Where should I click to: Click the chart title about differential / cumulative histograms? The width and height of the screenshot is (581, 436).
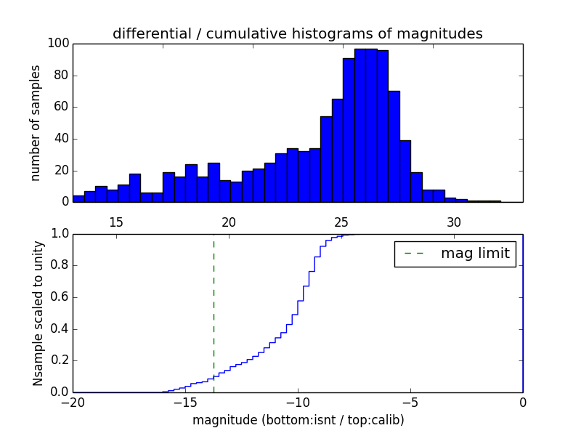click(x=298, y=33)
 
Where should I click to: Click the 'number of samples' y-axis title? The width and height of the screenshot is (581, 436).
click(x=36, y=124)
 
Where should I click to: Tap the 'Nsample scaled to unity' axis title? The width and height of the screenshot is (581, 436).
click(x=38, y=314)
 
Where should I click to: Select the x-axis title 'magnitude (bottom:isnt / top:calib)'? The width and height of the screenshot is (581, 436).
click(x=298, y=420)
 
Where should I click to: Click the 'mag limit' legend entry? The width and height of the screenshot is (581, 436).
click(x=474, y=254)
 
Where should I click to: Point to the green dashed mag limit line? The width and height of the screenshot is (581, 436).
click(x=214, y=305)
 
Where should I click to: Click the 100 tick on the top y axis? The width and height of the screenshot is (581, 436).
click(x=59, y=44)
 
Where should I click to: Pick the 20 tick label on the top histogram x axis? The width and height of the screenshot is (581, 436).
click(x=229, y=222)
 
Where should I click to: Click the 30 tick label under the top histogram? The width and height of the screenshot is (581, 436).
click(x=454, y=222)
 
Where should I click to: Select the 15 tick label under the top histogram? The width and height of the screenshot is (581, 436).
click(x=116, y=222)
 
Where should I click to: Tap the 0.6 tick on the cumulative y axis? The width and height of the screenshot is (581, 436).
click(x=59, y=297)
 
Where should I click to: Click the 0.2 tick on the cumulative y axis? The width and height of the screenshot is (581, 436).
click(x=59, y=360)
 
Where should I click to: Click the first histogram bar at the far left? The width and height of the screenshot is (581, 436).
click(x=78, y=198)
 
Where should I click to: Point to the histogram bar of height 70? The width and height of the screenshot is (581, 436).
click(x=394, y=146)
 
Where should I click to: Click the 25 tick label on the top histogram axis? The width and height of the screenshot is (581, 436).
click(x=341, y=222)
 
